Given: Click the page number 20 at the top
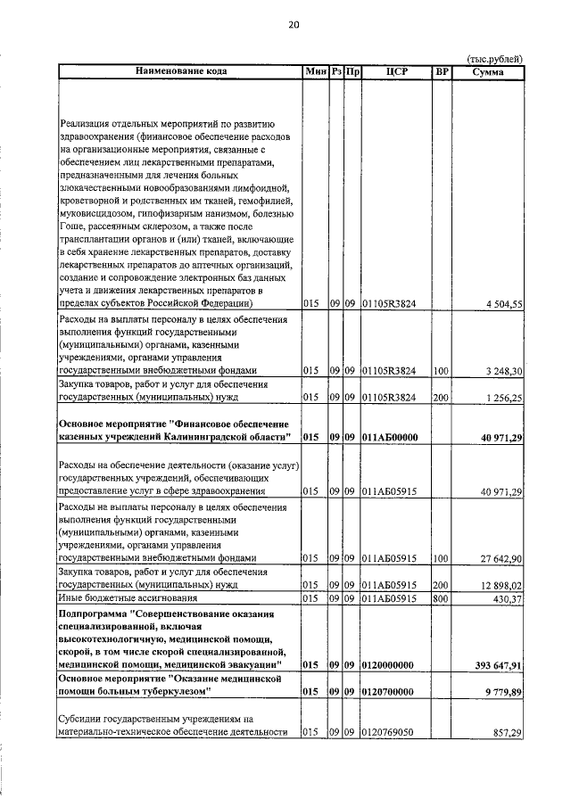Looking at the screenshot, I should point(294,25).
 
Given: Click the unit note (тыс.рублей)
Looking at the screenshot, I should point(495,59).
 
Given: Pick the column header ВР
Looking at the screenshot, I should point(441,70).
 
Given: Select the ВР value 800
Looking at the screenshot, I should point(440,597).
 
